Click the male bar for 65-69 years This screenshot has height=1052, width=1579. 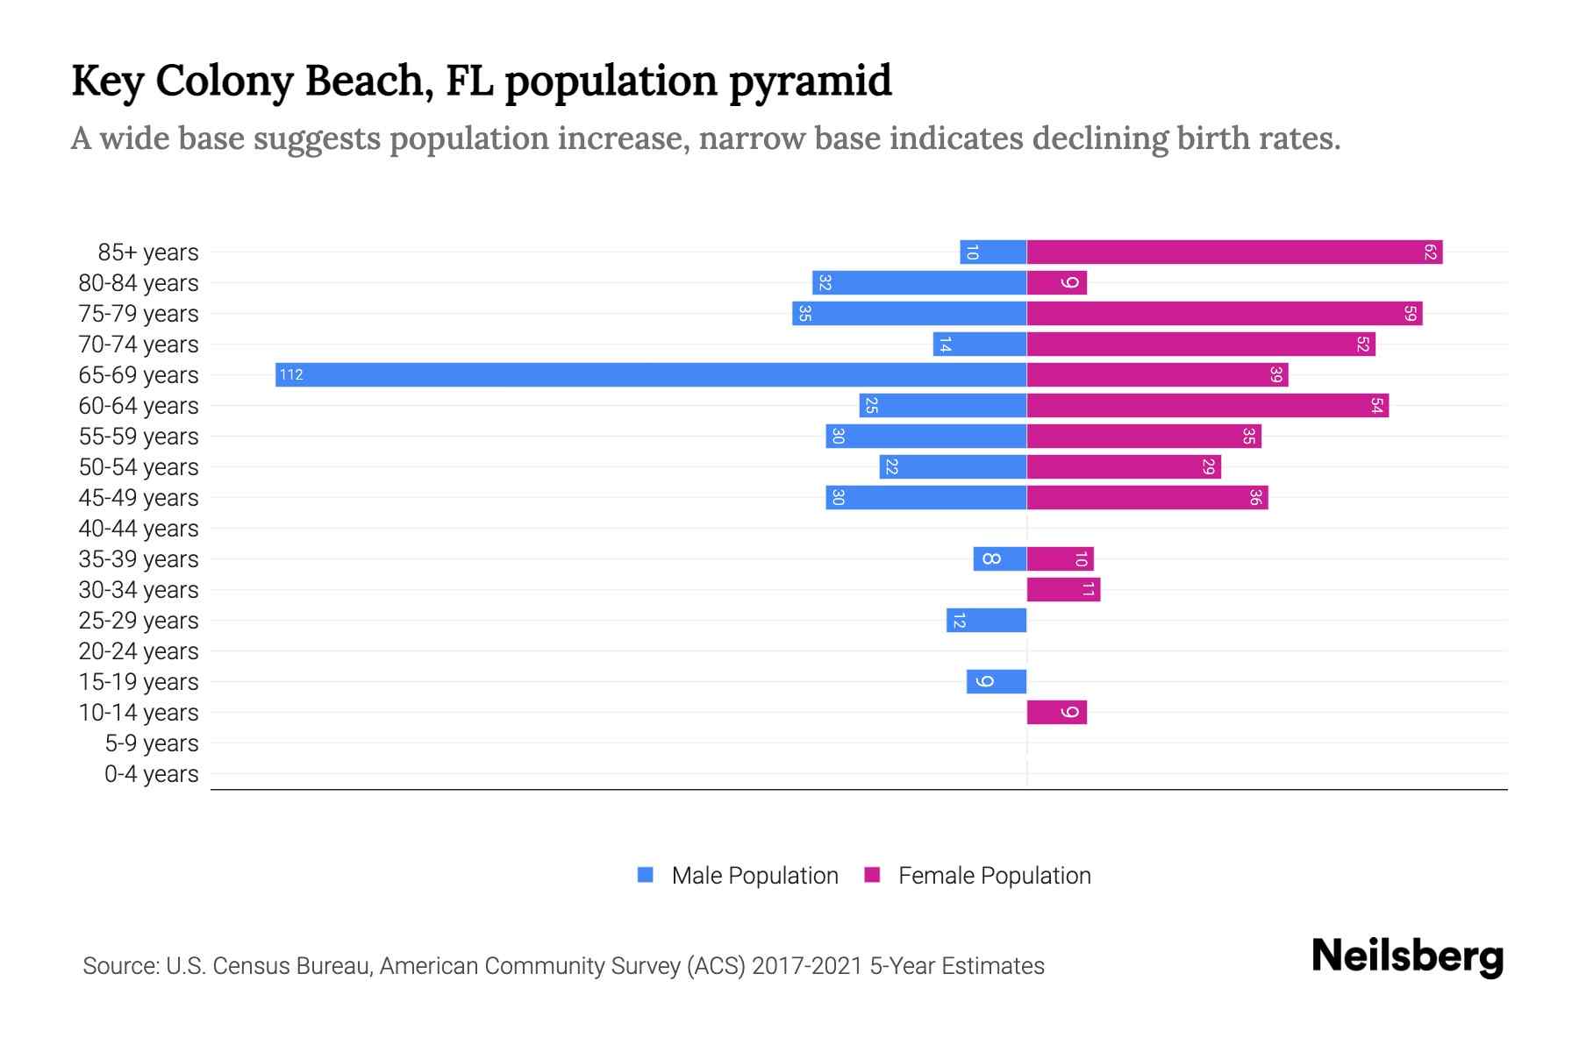651,375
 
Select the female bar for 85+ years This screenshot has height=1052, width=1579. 1234,252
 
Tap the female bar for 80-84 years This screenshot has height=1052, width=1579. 1056,283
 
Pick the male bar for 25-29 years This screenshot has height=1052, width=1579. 986,621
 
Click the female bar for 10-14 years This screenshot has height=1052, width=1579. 1056,713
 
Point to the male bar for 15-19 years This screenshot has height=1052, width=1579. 997,682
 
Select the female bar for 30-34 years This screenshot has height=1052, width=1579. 1063,590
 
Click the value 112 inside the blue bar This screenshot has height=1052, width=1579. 291,375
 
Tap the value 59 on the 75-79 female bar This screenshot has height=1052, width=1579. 1410,314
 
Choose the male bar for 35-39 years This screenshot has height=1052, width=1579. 999,559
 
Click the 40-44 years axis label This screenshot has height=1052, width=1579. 139,529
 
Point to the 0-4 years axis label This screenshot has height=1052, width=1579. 151,774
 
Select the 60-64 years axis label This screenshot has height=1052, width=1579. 139,406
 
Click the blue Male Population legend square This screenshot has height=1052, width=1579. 646,875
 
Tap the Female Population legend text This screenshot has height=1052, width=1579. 994,876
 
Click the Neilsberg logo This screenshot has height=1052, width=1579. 1407,956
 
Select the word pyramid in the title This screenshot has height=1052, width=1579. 811,82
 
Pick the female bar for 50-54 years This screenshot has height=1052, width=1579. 1124,467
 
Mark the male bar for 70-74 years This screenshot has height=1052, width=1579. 979,345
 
